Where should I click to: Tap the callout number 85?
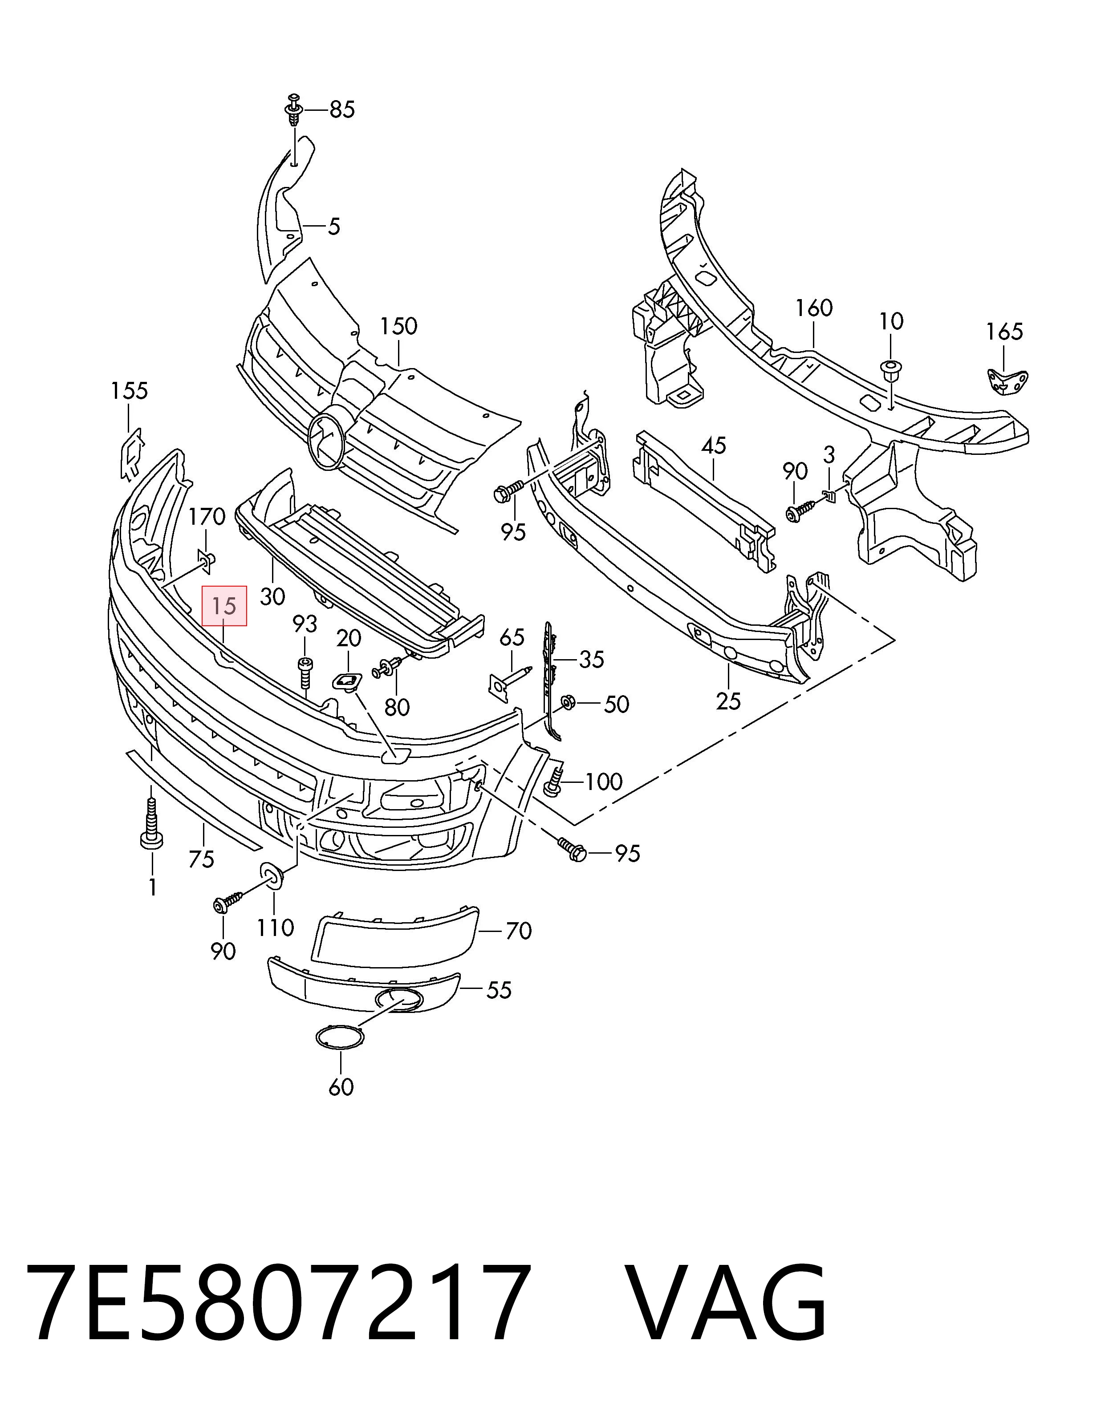click(x=342, y=110)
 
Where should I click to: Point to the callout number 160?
click(x=814, y=308)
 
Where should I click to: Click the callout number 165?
click(x=1004, y=332)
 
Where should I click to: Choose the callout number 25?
click(x=729, y=701)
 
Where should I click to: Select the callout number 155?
click(x=129, y=391)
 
